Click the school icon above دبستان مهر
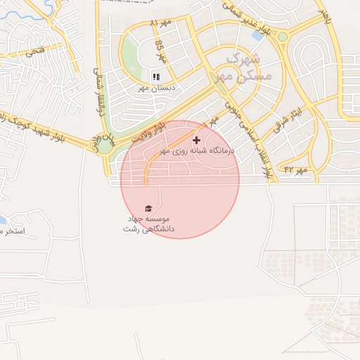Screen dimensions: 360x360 [155, 76]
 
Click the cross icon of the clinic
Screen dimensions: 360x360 [196, 141]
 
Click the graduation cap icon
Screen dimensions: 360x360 [148, 208]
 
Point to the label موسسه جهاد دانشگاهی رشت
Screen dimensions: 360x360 [148, 224]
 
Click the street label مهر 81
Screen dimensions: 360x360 [161, 23]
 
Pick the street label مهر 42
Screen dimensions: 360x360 [296, 169]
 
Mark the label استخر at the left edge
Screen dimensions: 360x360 [12, 231]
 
